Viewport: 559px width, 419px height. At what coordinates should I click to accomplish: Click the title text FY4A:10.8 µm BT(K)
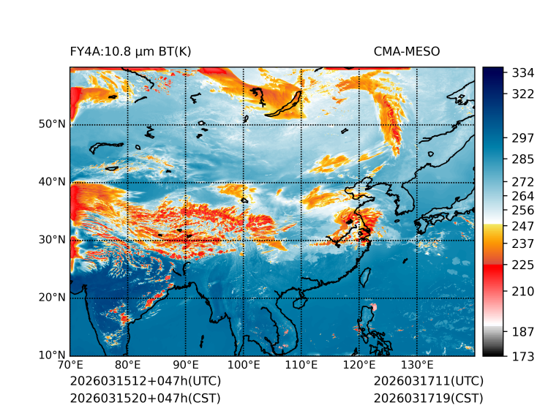point(131,51)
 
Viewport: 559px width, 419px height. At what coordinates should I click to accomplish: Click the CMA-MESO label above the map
point(407,51)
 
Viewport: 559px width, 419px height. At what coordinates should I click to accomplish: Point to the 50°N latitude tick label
point(52,124)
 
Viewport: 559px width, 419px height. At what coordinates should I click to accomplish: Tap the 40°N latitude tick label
point(52,182)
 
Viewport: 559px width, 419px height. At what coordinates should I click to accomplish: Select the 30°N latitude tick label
point(52,240)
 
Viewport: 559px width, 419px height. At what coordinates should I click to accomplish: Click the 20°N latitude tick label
point(52,298)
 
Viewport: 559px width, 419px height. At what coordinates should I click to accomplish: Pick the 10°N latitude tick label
point(52,355)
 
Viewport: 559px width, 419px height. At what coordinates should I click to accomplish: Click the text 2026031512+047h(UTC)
point(145,381)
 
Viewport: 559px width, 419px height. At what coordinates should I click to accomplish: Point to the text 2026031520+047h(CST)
point(145,398)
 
